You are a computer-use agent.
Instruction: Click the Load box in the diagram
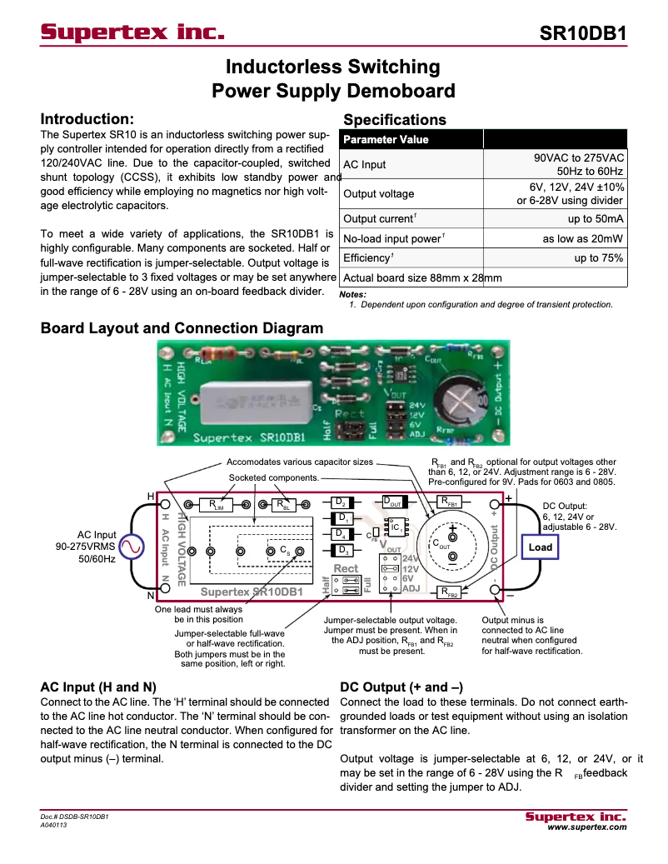540,547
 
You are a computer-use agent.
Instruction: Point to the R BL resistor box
285,505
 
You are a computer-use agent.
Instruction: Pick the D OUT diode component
392,502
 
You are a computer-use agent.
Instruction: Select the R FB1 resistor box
450,502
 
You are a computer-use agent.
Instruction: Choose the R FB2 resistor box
450,592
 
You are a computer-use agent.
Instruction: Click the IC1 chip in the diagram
397,528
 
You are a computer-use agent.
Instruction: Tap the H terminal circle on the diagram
165,505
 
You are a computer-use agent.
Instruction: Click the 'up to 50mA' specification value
596,218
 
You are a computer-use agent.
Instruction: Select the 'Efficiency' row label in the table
367,258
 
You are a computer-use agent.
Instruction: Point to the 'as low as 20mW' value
583,238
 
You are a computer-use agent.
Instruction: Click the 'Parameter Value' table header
386,139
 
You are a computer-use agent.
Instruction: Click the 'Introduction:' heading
87,119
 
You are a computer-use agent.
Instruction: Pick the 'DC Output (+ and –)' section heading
401,687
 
